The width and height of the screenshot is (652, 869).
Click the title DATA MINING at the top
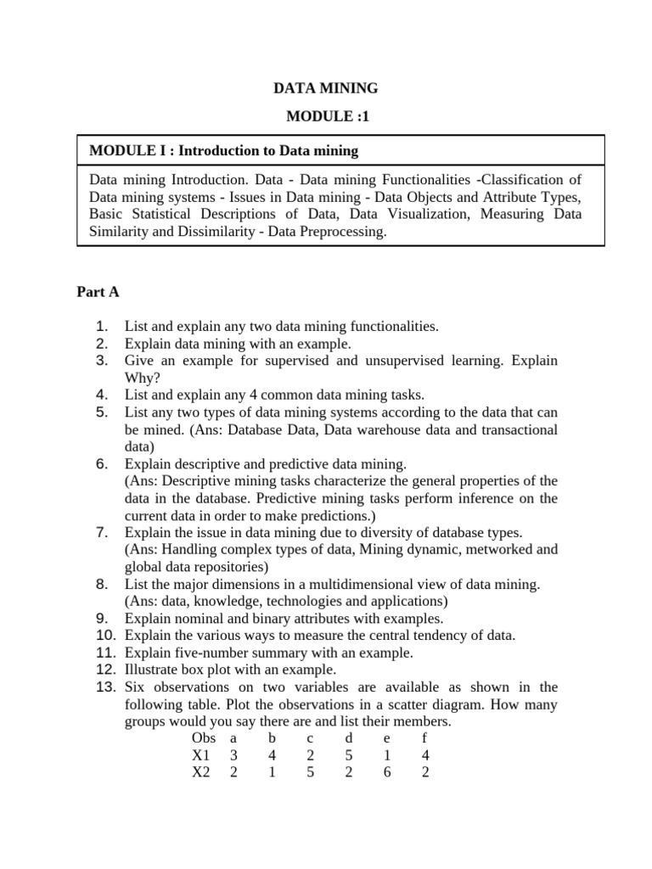pos(325,87)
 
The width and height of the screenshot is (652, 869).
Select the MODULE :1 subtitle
pos(326,117)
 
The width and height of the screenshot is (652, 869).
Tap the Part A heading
pos(98,292)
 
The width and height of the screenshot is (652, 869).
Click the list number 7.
pos(101,533)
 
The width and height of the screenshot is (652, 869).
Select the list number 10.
pos(104,635)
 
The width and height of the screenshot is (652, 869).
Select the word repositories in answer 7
pos(228,567)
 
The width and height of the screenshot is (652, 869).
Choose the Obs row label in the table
pos(204,738)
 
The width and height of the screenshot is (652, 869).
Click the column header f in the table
pos(424,738)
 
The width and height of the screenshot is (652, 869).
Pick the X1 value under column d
pos(348,755)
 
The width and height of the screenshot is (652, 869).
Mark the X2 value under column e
pos(386,772)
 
